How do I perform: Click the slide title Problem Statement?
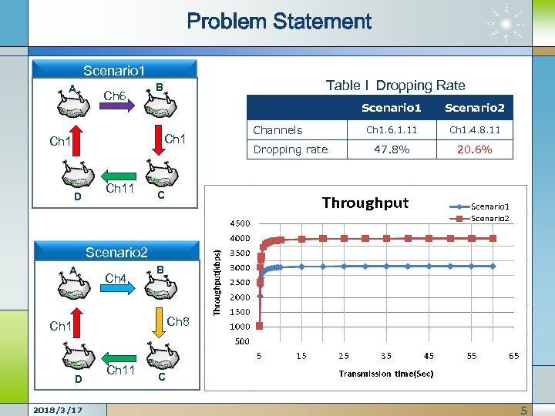279,22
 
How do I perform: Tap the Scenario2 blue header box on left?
116,252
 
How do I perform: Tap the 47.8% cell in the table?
391,149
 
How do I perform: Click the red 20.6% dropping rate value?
474,149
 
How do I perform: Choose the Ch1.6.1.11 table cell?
391,129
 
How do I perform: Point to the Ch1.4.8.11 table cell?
474,129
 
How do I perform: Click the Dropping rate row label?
291,149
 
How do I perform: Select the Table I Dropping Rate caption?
395,86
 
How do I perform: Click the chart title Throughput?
365,203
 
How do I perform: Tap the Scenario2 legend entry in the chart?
489,218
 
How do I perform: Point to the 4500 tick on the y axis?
243,223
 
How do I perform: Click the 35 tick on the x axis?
385,356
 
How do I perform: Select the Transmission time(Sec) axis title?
385,374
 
